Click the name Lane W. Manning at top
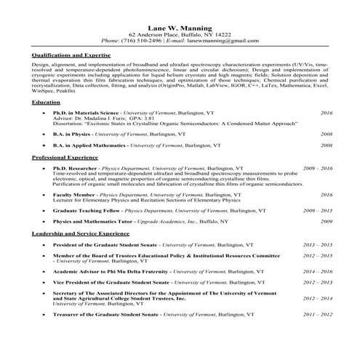179,25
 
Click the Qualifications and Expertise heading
71,55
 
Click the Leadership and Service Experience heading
80,234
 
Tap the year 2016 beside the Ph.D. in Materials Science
327,113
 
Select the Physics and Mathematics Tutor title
94,221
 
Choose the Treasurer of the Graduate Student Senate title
105,314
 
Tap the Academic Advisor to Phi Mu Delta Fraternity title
110,271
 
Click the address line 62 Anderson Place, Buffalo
179,33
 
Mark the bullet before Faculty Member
45,195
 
